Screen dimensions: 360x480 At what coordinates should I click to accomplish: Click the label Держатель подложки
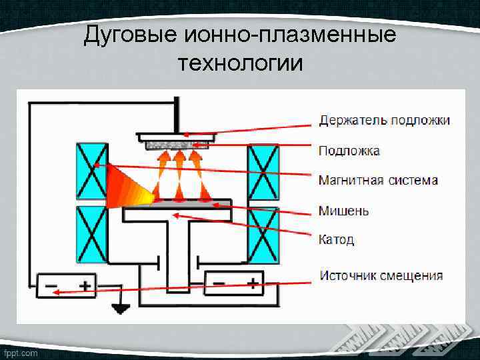pos(384,121)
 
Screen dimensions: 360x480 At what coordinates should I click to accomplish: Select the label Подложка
pos(349,151)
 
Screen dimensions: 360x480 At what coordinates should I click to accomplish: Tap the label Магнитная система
pos(378,180)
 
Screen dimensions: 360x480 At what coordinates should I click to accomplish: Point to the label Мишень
pos(343,211)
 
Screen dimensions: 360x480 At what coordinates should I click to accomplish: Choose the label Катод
pos(336,239)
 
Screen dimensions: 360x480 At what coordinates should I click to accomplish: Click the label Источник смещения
pos(381,275)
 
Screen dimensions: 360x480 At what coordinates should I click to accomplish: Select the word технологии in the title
pos(240,63)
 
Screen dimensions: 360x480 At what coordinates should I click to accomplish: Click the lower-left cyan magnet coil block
pos(92,235)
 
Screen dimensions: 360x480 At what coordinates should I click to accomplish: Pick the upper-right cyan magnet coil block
pos(262,171)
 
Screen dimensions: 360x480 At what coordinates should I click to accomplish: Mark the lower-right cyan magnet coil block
pos(262,235)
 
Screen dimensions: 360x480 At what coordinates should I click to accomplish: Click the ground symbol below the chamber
pos(121,308)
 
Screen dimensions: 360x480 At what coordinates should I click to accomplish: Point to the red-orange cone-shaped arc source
pos(131,185)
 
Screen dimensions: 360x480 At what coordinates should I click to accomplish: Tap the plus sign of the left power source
pos(85,285)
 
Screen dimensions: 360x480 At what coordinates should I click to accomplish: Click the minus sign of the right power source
pos(219,283)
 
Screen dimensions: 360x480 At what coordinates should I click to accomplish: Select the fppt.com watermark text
pos(20,353)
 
